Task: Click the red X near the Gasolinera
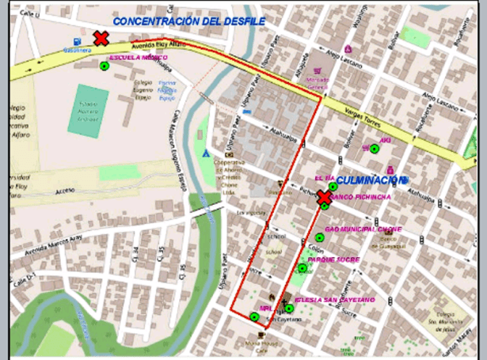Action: tap(101, 38)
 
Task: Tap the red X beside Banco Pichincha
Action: tap(324, 198)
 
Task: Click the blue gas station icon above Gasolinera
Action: tap(76, 41)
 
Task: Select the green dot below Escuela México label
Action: tap(104, 66)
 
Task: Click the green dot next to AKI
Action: tap(374, 148)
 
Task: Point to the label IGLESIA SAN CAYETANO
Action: tap(333, 300)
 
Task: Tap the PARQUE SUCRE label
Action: tap(333, 260)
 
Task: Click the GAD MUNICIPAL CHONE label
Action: tap(363, 229)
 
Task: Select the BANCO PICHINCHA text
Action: tap(360, 197)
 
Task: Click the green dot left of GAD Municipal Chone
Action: tap(320, 237)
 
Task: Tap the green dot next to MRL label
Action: tap(254, 316)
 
